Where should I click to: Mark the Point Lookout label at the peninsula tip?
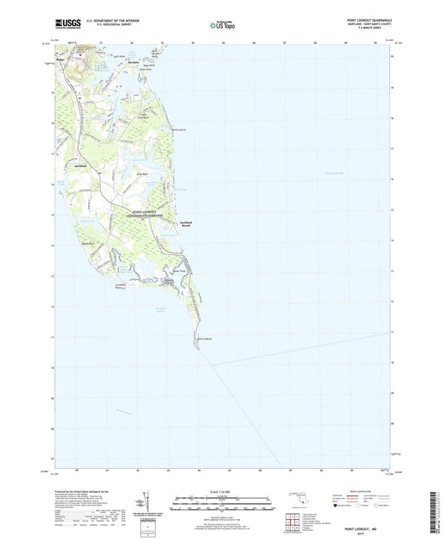click(204, 339)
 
